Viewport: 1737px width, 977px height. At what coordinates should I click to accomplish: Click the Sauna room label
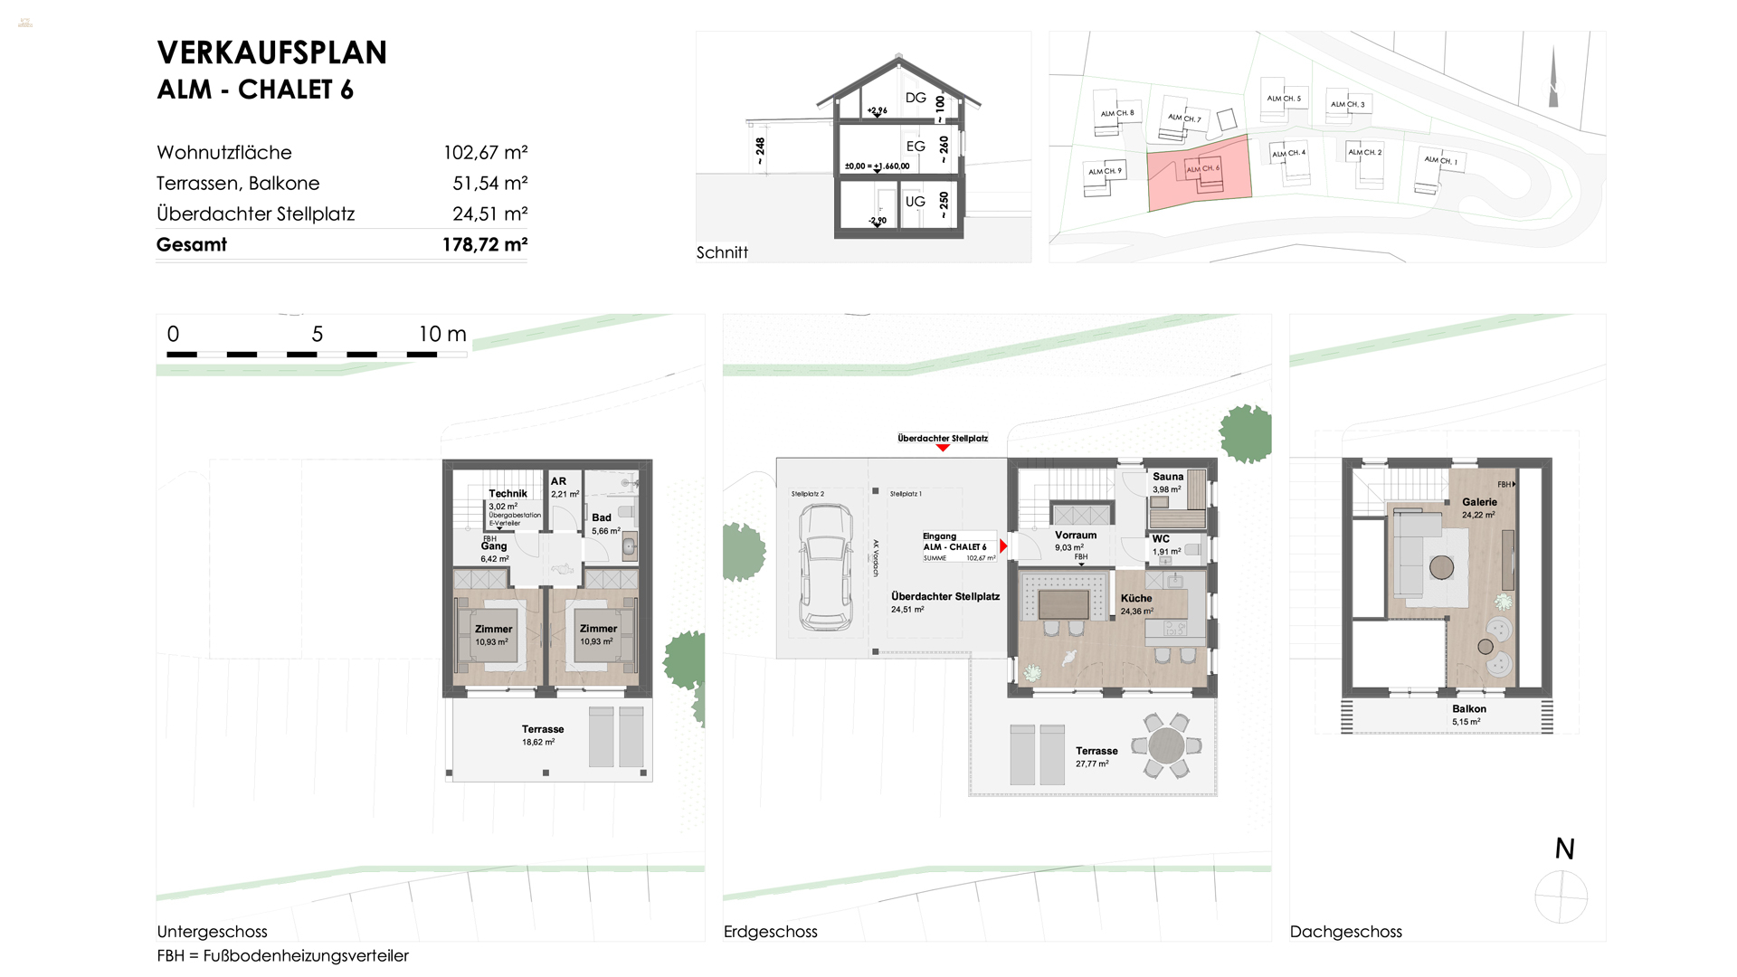coord(1167,477)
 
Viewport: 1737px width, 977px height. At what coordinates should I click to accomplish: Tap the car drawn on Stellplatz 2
coord(825,568)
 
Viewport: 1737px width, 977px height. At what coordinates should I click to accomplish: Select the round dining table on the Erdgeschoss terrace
coord(1166,745)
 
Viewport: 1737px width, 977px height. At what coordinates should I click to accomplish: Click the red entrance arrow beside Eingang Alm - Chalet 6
coord(1003,546)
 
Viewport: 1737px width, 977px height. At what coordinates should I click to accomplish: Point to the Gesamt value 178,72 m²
coord(485,244)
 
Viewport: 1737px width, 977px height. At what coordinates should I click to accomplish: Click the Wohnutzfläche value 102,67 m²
coord(485,152)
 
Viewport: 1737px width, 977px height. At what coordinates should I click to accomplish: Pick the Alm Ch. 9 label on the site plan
coord(1105,171)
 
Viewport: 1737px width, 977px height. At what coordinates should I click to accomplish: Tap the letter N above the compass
coord(1564,849)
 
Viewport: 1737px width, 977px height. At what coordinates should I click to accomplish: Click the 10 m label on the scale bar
coord(441,334)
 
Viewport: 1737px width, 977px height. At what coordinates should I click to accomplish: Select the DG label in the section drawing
coord(916,98)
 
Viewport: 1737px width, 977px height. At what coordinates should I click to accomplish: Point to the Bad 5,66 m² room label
coord(603,524)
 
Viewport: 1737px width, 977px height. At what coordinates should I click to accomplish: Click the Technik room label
coord(508,493)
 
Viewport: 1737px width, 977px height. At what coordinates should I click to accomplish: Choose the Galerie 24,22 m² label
coord(1479,507)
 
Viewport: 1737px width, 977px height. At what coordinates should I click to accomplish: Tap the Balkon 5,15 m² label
coord(1468,715)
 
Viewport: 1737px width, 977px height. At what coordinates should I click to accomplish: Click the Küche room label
coord(1136,598)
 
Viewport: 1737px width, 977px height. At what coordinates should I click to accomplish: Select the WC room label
coord(1161,538)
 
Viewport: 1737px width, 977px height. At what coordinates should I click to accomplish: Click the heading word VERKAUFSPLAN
coord(271,52)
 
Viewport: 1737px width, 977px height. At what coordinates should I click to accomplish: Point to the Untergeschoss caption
coord(212,931)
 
